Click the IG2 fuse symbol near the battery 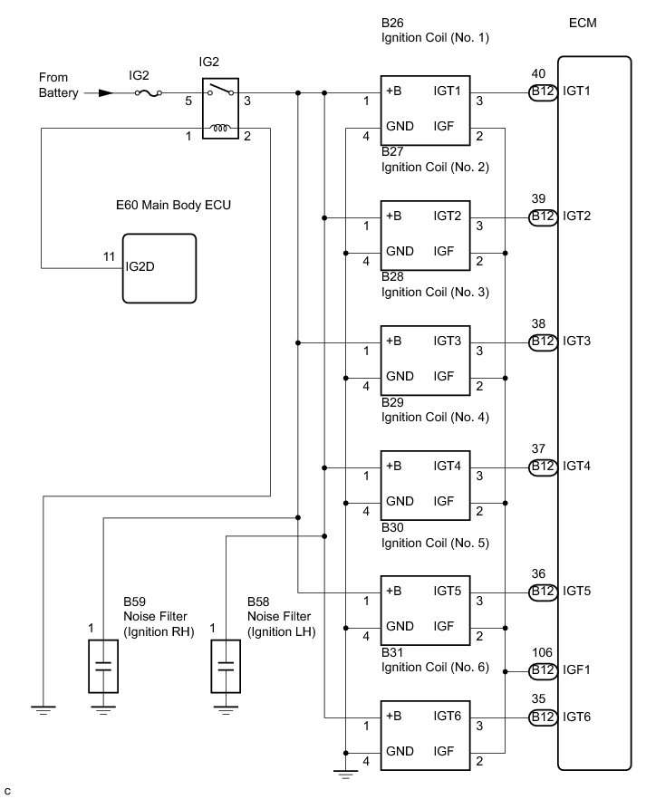149,93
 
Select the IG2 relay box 220,108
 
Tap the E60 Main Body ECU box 159,268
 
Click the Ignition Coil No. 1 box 426,111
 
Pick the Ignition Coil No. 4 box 426,486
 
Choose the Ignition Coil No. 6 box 426,736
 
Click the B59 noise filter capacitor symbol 103,667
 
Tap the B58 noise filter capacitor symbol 226,667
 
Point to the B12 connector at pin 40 543,91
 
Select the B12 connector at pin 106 543,670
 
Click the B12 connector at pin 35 543,717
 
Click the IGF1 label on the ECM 576,670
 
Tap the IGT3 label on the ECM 577,341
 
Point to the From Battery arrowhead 105,93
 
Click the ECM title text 583,23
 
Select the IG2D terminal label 140,266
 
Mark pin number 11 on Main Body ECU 109,257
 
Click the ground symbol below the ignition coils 345,774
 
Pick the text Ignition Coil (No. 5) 435,543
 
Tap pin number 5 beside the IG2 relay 188,101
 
